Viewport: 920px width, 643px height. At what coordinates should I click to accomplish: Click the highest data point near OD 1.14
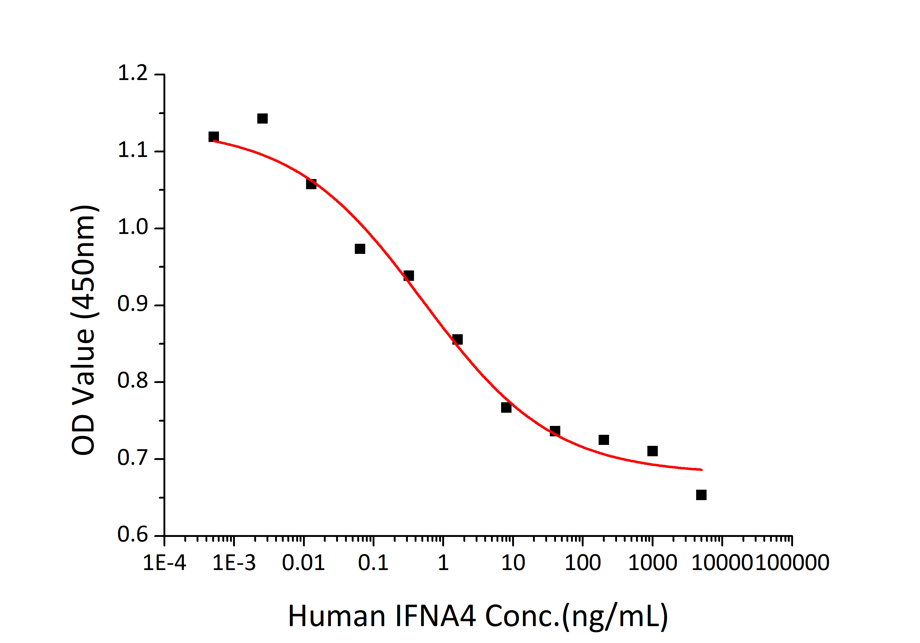(x=262, y=119)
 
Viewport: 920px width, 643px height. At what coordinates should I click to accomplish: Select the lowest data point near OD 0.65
(x=701, y=495)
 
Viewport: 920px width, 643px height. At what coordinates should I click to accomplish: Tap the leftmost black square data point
(x=213, y=137)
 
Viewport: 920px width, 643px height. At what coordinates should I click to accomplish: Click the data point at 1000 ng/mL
(x=652, y=451)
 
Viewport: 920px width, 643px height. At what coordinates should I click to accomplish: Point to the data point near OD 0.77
(x=506, y=408)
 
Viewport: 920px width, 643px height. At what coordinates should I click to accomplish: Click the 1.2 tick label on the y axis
(x=132, y=73)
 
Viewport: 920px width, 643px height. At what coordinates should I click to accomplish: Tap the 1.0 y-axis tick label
(x=132, y=227)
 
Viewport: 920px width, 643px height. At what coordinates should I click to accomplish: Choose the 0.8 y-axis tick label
(x=132, y=381)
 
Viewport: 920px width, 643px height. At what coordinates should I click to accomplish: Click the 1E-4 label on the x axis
(x=164, y=563)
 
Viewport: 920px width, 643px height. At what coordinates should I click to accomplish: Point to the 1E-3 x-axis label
(x=234, y=563)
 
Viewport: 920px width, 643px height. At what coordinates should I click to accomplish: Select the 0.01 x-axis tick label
(x=303, y=563)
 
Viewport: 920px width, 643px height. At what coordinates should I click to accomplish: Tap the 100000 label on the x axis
(x=792, y=563)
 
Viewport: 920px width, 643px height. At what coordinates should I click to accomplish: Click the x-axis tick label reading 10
(x=513, y=563)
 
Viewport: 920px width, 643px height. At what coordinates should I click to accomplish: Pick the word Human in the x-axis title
(x=337, y=616)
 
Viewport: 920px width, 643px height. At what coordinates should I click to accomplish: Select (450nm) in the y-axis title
(x=84, y=262)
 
